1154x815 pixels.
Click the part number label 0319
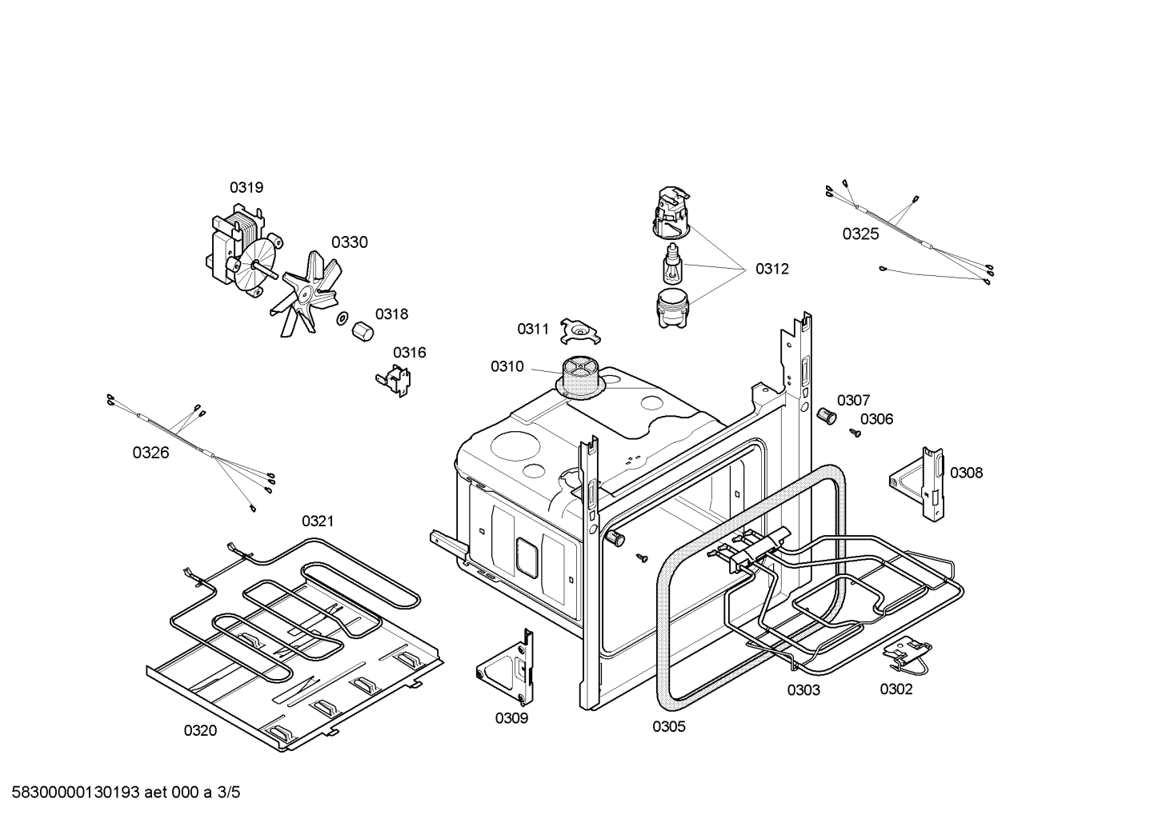(246, 187)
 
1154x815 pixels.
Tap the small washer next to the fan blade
(343, 319)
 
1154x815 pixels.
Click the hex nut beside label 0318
(363, 330)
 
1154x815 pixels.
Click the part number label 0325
(860, 234)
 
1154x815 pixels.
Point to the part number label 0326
(150, 453)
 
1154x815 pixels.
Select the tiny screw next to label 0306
(855, 433)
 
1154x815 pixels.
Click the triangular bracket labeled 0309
(507, 663)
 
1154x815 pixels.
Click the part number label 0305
(668, 726)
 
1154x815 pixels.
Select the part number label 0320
(200, 729)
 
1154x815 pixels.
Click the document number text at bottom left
(121, 793)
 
